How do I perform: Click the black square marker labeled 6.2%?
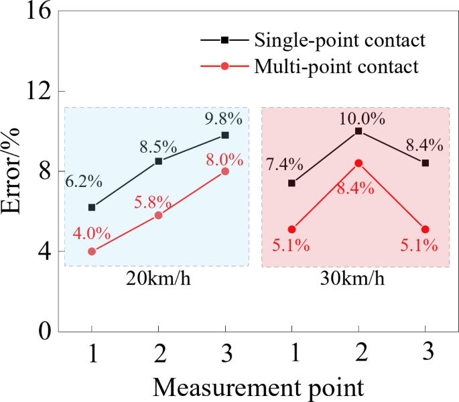tap(92, 207)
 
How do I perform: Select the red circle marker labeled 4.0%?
tap(92, 251)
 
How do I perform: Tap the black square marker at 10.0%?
tap(358, 131)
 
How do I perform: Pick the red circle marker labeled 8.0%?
tap(225, 172)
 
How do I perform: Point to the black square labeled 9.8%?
tap(225, 135)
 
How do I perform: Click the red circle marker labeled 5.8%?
tap(158, 215)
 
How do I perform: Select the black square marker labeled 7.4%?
tap(291, 183)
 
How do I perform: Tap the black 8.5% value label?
tap(158, 145)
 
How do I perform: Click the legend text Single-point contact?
tap(340, 40)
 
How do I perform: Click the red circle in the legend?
tap(225, 66)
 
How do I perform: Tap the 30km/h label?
tap(356, 279)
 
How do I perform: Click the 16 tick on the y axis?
tap(38, 12)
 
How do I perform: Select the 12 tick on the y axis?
tap(38, 92)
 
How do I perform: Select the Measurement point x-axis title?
tap(258, 387)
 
